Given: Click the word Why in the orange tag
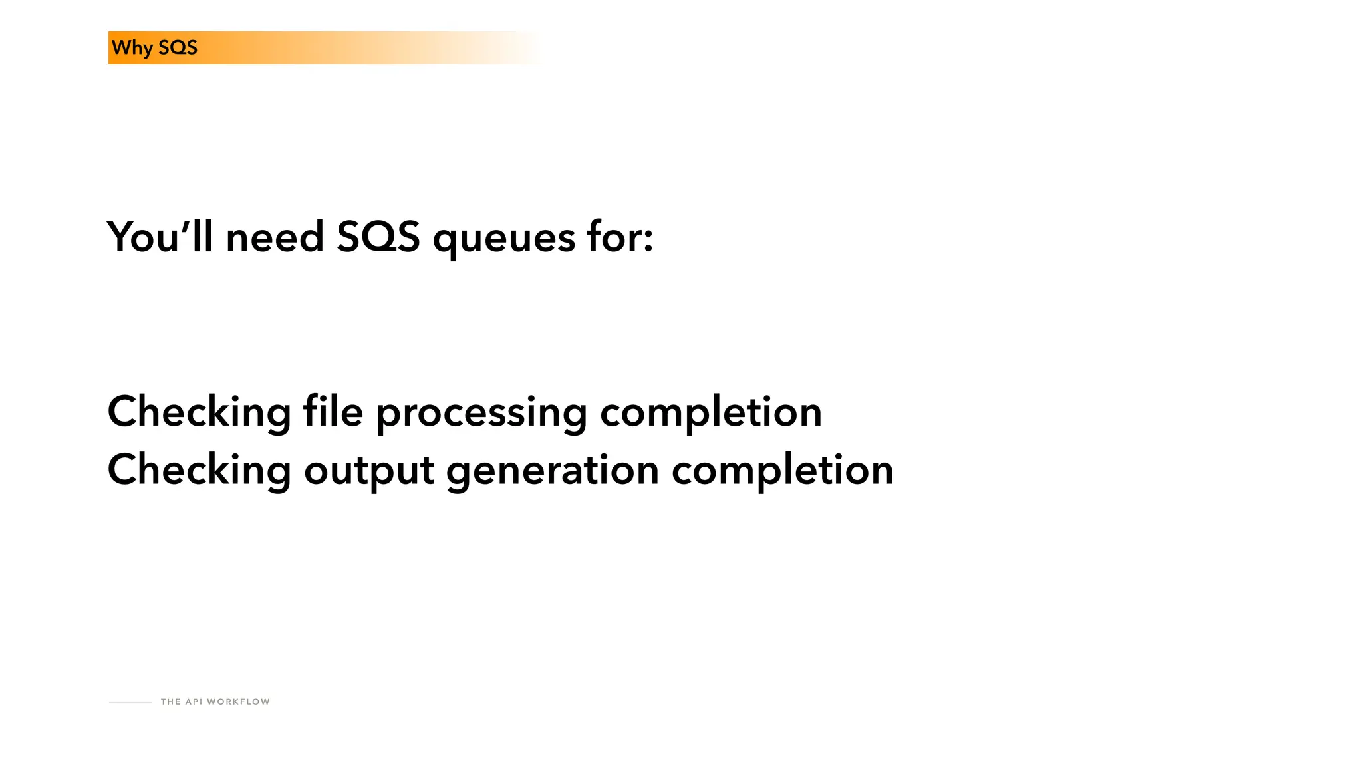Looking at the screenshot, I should point(132,48).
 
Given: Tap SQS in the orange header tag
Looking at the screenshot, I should point(178,48).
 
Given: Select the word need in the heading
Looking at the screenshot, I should point(275,237).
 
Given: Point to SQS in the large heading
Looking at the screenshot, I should point(378,237).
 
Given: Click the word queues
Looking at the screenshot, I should point(503,239).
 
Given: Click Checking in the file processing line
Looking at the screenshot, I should point(199,412).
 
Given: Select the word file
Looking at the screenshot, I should point(333,411).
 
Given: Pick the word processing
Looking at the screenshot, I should point(481,414).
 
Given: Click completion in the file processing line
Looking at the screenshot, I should point(711,412).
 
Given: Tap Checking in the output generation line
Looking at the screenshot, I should point(199,470).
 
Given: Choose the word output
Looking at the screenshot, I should point(369,471).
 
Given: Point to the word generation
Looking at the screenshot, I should point(553,471).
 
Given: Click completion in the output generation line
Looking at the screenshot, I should point(782,470).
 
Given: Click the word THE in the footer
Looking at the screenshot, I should point(170,702).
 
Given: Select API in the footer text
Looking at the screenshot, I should point(194,702).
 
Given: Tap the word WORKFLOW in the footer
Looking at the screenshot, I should point(238,702).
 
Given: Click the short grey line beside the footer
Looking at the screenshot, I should point(130,702).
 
